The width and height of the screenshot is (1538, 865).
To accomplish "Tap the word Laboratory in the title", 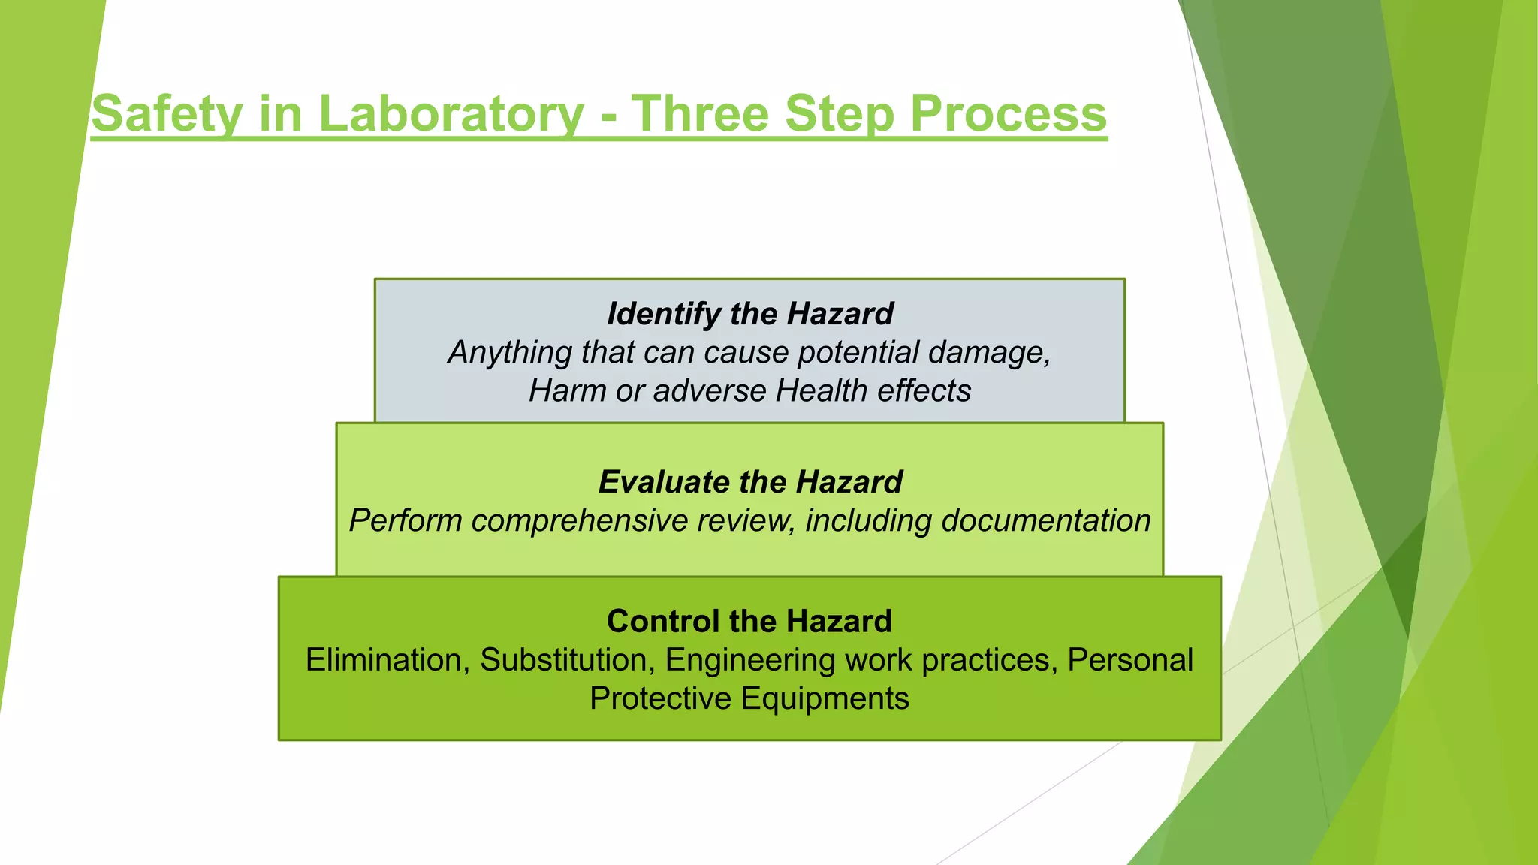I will [451, 114].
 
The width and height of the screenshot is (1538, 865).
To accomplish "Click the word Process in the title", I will [1008, 114].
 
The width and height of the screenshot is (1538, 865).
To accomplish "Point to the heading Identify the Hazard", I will [749, 313].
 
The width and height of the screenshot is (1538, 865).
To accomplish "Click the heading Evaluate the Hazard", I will [749, 481].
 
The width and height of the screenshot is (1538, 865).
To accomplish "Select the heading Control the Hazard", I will [749, 621].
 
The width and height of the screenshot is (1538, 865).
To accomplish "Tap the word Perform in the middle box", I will [405, 520].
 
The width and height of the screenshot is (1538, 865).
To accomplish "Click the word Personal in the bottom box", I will [1130, 660].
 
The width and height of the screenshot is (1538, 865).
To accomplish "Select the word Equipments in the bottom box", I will [825, 698].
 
